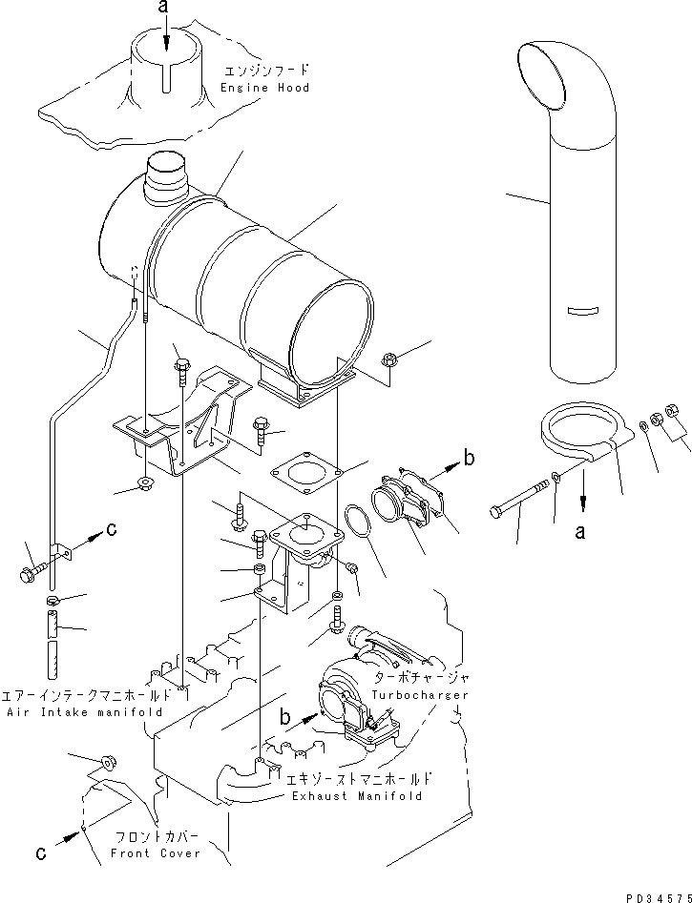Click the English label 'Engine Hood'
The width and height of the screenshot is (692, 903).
tap(264, 88)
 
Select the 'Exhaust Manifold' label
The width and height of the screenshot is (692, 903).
tap(355, 795)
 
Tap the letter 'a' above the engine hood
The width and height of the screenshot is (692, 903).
tap(165, 8)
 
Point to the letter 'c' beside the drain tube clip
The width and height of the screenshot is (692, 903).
tap(111, 530)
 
